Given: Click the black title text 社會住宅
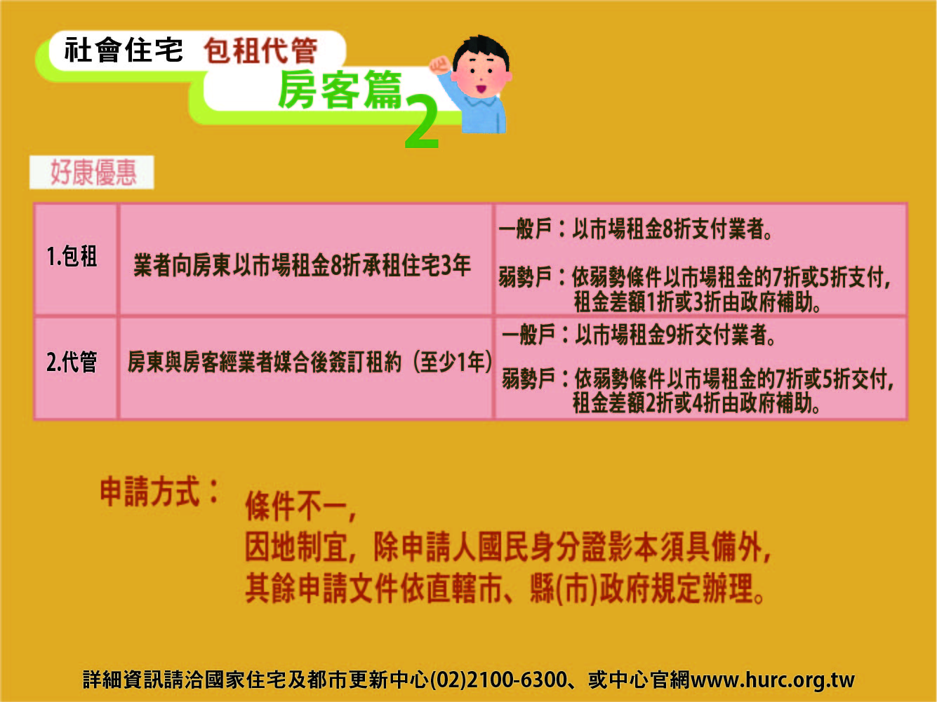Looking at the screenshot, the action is (124, 50).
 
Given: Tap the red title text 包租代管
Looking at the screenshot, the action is (261, 50).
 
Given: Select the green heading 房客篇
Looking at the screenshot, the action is (340, 90).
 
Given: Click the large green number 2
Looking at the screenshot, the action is (422, 122).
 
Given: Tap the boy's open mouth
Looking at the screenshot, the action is (481, 89).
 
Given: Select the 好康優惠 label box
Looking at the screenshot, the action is (92, 173).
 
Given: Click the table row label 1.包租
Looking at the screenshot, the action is (72, 257).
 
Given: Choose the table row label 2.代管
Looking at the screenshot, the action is (72, 362).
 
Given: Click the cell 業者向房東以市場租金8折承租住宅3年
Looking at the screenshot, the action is (303, 265).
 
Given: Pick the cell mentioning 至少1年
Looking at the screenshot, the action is (310, 362).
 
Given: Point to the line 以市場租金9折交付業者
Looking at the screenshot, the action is (675, 335).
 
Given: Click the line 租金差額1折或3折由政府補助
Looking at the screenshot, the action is (697, 302).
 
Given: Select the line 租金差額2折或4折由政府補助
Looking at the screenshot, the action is (696, 403).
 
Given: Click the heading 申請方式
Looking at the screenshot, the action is (159, 492).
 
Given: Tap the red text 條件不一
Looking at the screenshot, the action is (300, 506).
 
